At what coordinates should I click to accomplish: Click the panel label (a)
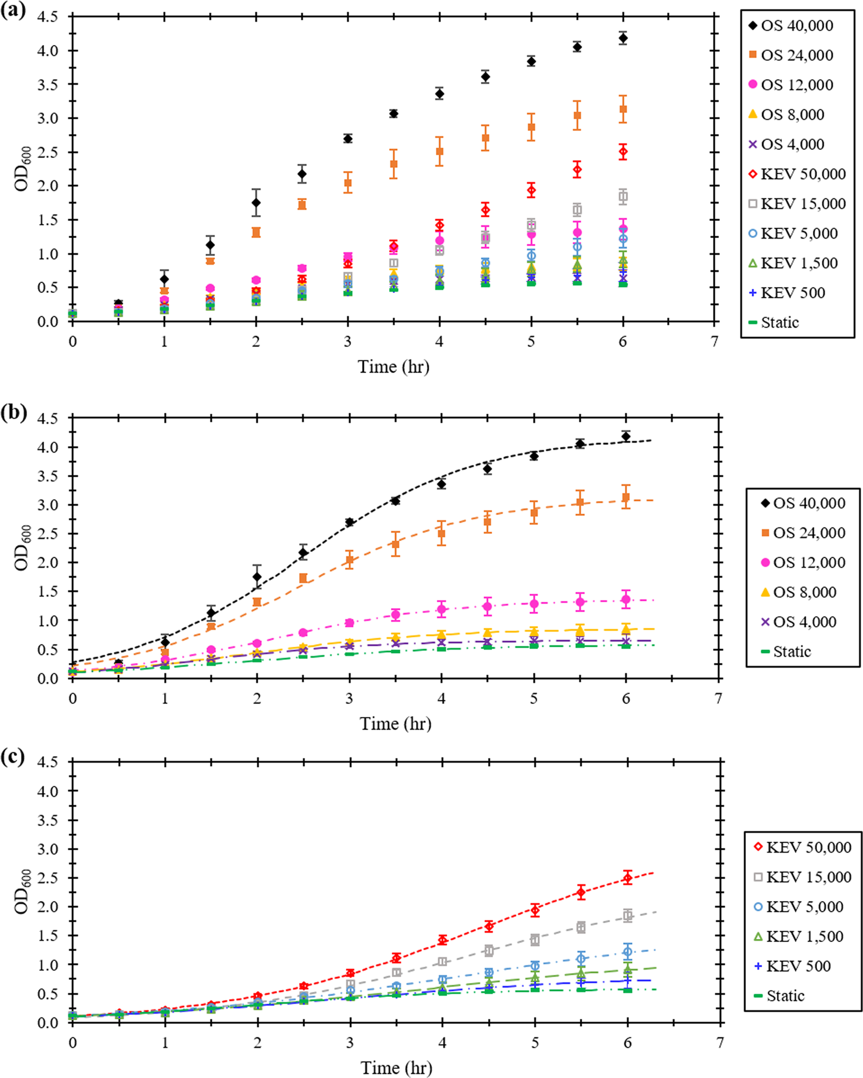tap(13, 10)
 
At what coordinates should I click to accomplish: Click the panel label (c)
tap(13, 756)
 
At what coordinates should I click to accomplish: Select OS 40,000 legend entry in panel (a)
tap(791, 26)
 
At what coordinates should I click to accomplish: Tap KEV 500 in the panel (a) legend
tap(787, 293)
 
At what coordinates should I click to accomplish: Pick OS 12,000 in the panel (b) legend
tap(803, 563)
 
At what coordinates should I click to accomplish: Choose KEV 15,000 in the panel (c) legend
tap(802, 877)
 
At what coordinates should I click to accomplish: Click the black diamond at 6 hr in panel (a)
tap(623, 38)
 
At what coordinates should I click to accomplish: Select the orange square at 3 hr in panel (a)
tap(348, 183)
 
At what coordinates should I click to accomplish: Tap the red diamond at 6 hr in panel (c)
tap(627, 879)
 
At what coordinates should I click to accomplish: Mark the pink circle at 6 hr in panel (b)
tap(626, 600)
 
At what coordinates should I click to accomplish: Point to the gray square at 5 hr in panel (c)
tap(535, 940)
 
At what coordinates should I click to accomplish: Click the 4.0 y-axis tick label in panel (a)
tap(47, 51)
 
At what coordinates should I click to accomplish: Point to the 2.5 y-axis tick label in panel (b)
tap(47, 534)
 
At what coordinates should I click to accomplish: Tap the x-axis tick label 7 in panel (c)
tap(719, 1042)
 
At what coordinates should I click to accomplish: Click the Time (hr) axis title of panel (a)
tap(393, 367)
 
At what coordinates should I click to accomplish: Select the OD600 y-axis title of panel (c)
tap(22, 891)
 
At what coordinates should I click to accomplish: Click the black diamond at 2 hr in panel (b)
tap(257, 576)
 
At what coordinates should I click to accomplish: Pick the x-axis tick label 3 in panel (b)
tap(349, 699)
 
